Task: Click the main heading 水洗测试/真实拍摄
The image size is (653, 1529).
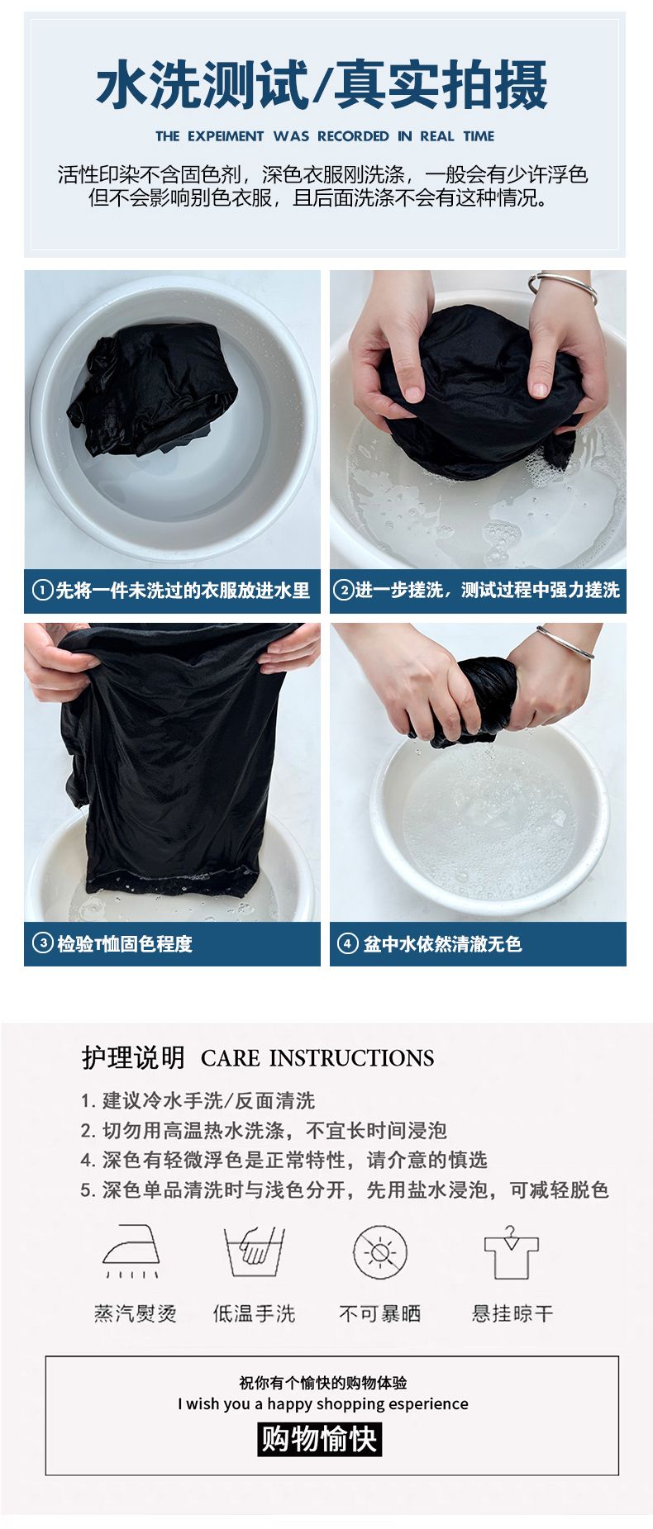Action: click(x=322, y=85)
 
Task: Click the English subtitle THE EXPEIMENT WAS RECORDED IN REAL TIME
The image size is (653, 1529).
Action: click(x=325, y=136)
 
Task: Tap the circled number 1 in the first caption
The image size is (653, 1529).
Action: click(x=42, y=590)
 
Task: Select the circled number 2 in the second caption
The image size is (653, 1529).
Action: click(x=343, y=590)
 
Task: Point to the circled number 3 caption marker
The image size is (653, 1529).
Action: click(x=42, y=943)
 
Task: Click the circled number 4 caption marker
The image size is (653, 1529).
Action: click(x=347, y=943)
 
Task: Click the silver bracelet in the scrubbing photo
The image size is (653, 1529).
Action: click(x=563, y=287)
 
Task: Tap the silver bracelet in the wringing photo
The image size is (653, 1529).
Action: click(x=565, y=642)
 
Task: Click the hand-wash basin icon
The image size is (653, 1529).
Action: click(x=254, y=1251)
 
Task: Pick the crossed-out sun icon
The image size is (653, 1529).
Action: click(x=380, y=1252)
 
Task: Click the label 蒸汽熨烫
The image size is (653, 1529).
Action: click(x=135, y=1313)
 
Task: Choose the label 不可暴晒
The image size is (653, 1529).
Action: click(x=380, y=1313)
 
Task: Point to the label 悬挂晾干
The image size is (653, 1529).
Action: click(x=512, y=1313)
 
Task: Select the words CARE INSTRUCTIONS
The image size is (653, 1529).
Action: click(x=317, y=1058)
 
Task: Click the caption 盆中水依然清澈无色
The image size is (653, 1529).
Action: click(x=442, y=943)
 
